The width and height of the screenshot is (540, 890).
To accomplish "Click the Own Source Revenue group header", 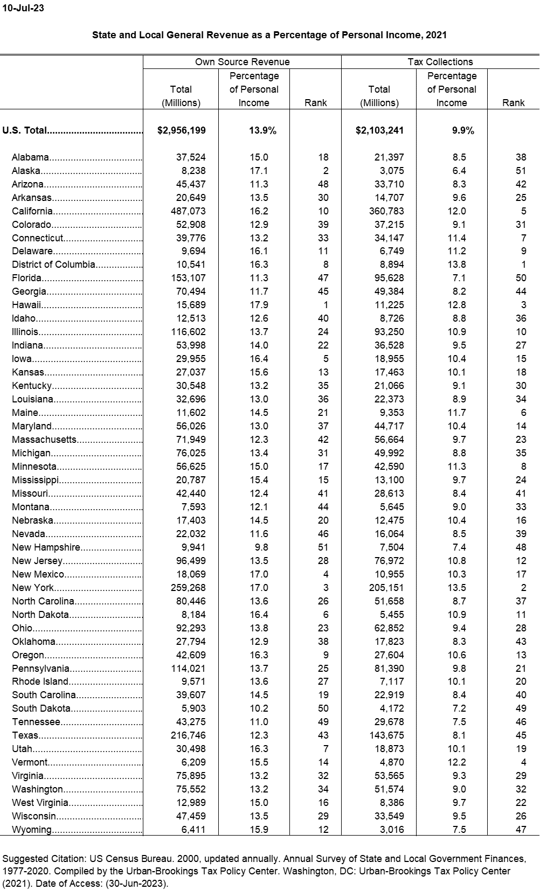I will (x=242, y=62).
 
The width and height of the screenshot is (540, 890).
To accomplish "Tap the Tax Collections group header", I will (x=440, y=62).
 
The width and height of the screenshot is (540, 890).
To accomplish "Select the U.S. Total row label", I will (x=25, y=130).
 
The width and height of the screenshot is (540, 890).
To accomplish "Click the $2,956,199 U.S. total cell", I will (x=181, y=130).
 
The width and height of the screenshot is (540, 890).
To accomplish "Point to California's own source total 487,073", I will (x=188, y=211).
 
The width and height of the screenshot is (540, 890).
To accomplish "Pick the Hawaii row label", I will (x=26, y=305).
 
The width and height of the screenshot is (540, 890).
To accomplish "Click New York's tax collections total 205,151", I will (x=386, y=588).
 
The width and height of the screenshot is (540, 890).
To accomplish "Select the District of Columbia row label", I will (x=53, y=265).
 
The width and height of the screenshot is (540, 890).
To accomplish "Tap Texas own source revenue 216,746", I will (x=188, y=735).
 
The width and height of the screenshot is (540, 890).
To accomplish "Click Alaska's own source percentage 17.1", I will (x=259, y=171).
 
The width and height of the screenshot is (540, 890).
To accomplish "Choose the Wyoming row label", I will (x=32, y=830).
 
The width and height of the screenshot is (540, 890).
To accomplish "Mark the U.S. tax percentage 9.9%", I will (x=463, y=130).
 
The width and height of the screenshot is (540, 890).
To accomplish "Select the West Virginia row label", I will (x=40, y=803).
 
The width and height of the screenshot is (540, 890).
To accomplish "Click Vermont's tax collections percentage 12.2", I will (x=457, y=762).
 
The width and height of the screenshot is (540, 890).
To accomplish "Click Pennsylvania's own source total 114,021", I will (x=188, y=669).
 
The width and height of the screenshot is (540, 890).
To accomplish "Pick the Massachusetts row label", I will (x=44, y=440).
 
